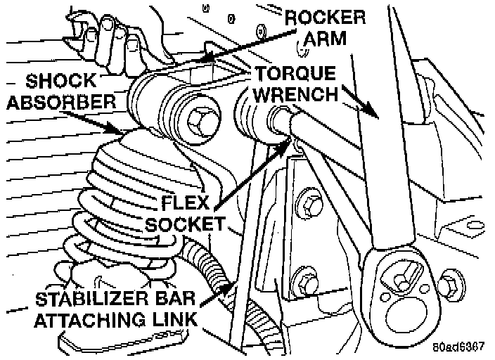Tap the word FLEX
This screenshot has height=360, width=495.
(x=177, y=202)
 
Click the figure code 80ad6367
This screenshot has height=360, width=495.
(x=458, y=347)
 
